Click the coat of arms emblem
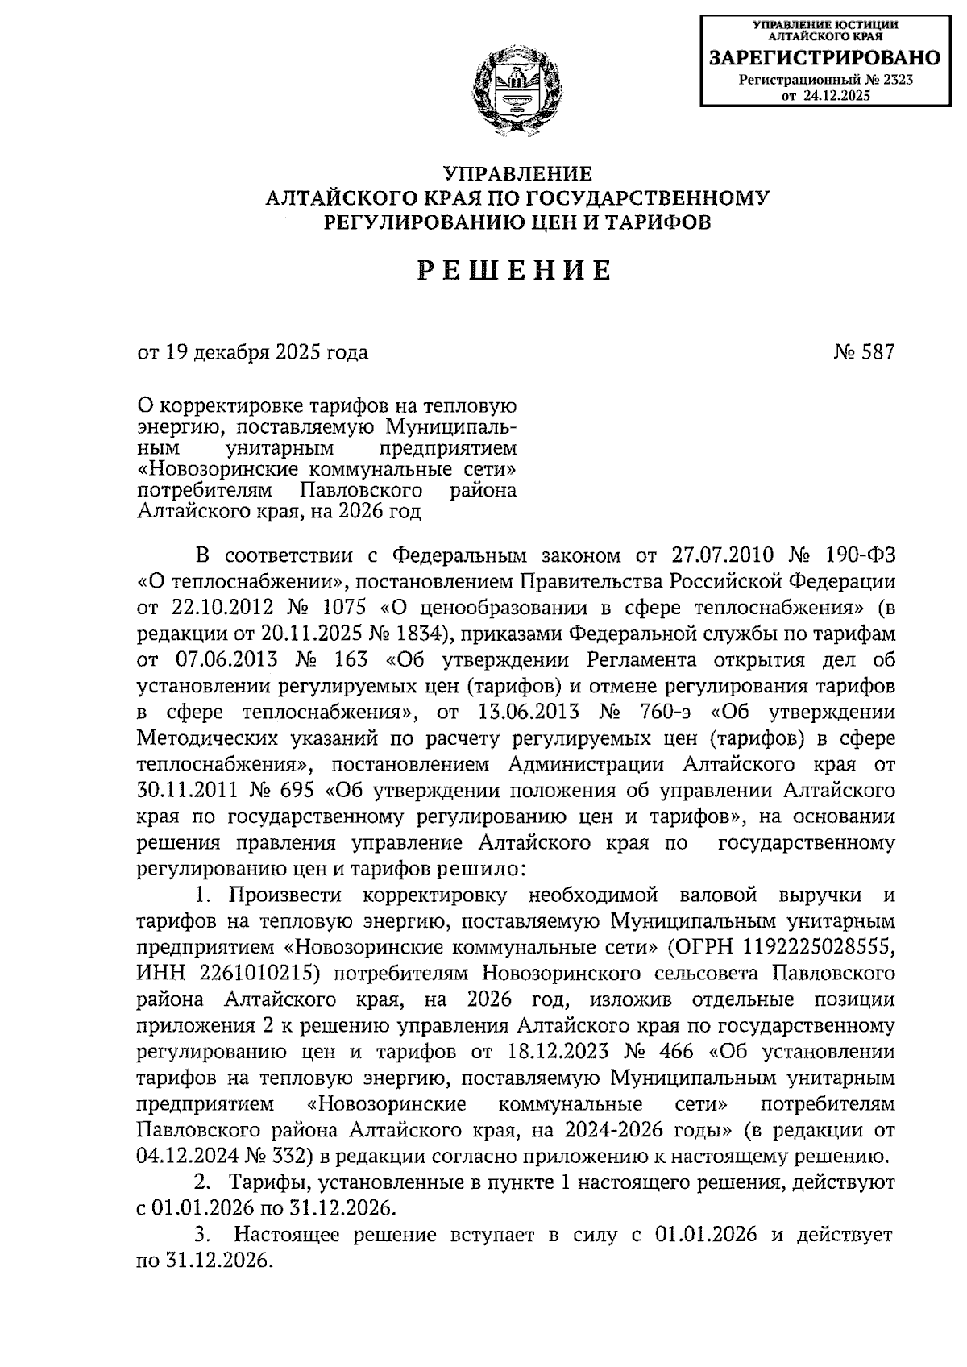(517, 90)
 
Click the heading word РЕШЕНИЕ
(517, 271)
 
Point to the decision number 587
(878, 352)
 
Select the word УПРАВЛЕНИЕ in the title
(517, 173)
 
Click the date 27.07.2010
(721, 555)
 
